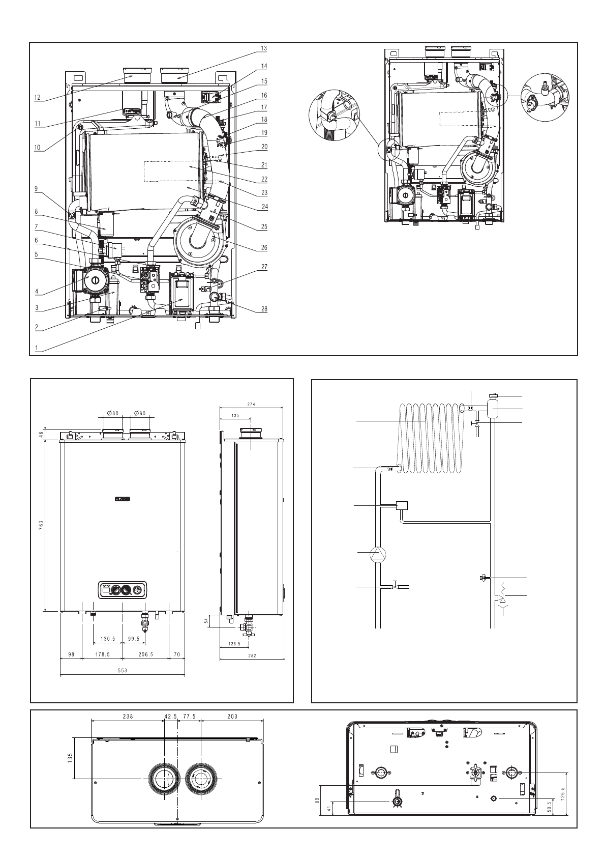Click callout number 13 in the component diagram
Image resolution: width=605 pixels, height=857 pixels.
(264, 48)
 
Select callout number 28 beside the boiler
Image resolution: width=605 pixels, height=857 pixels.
(264, 309)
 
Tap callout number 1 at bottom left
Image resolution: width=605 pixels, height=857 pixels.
(36, 348)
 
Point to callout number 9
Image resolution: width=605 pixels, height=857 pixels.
(36, 188)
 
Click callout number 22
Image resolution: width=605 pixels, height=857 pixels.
(264, 179)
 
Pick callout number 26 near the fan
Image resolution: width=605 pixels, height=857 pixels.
(264, 247)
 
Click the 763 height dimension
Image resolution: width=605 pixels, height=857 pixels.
(41, 524)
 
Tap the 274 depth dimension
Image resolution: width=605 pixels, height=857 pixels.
(251, 405)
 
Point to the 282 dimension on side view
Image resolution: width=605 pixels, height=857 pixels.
(252, 656)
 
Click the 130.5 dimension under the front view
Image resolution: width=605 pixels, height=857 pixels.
(108, 639)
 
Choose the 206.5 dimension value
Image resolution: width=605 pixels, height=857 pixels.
(145, 654)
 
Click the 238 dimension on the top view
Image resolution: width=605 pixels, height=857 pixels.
(128, 717)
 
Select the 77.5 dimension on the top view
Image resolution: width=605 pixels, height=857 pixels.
(189, 717)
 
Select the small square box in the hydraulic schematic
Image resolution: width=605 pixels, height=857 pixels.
(402, 505)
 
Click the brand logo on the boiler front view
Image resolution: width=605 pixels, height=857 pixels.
(123, 499)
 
